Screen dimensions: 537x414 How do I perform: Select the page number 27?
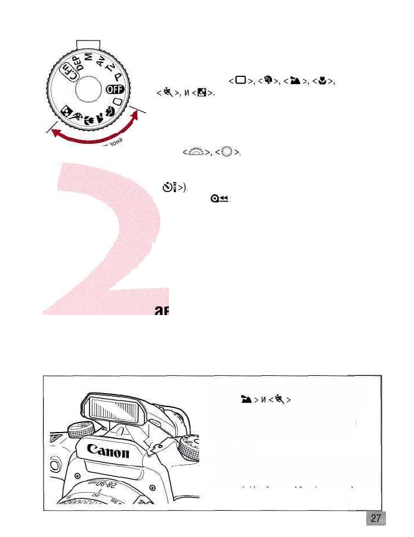[x=375, y=518]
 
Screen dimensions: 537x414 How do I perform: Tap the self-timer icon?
[x=169, y=187]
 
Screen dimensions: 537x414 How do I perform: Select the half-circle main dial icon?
[x=195, y=153]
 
